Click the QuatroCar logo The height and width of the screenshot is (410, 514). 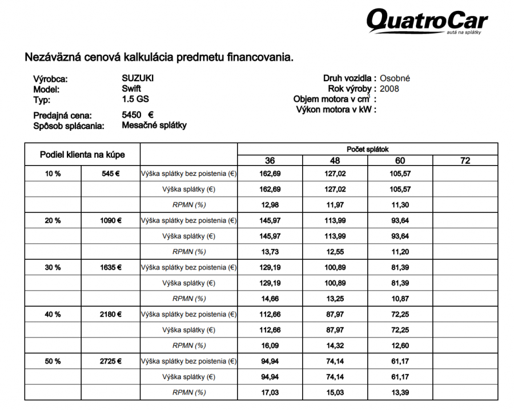pos(427,22)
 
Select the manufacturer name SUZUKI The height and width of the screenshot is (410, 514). pos(138,79)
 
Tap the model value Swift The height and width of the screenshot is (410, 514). pos(131,89)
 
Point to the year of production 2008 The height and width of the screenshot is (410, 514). pos(389,89)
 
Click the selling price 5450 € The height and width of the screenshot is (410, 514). pos(138,115)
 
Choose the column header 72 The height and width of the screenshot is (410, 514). pos(465,161)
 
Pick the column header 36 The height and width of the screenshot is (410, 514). pos(270,161)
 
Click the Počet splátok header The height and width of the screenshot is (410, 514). pos(367,148)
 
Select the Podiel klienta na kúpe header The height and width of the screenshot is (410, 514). pos(82,155)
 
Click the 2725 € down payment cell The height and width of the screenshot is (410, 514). pos(111,361)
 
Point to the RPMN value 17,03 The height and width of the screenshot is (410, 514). pos(270,392)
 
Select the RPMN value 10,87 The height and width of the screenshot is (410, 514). pos(400,299)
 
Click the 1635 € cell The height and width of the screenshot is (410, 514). pos(111,267)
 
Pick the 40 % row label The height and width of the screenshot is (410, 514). pos(53,314)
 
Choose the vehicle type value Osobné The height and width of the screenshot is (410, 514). pos(395,79)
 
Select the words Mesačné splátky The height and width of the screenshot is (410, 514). pos(154,125)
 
